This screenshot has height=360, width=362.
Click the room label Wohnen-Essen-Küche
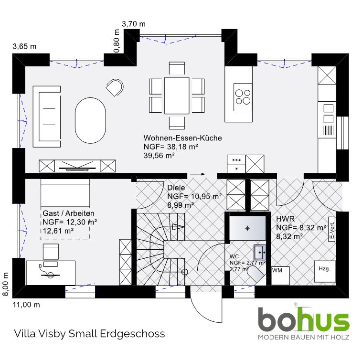pyautogui.click(x=182, y=138)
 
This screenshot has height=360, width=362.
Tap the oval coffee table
pyautogui.click(x=91, y=120)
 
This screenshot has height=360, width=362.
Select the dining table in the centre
pyautogui.click(x=177, y=95)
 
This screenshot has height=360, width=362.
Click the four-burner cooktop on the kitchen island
pyautogui.click(x=243, y=97)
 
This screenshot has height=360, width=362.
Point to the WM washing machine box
pyautogui.click(x=280, y=275)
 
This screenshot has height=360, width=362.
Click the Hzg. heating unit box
pyautogui.click(x=325, y=271)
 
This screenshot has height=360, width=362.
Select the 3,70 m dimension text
pyautogui.click(x=134, y=24)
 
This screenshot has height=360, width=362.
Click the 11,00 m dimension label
pyautogui.click(x=26, y=305)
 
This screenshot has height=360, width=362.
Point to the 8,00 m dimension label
pyautogui.click(x=5, y=284)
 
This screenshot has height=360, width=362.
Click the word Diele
pyautogui.click(x=176, y=188)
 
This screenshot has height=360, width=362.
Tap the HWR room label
pyautogui.click(x=286, y=219)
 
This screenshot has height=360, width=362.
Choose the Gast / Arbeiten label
pyautogui.click(x=69, y=213)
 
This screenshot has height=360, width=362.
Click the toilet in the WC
pyautogui.click(x=256, y=275)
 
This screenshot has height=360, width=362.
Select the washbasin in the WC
pyautogui.click(x=260, y=252)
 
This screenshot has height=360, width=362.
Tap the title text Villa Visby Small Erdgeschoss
pyautogui.click(x=90, y=334)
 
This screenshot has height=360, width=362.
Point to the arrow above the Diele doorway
pyautogui.click(x=197, y=174)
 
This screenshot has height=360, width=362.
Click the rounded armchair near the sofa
pyautogui.click(x=115, y=87)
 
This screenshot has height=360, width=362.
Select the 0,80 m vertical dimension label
pyautogui.click(x=117, y=41)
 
